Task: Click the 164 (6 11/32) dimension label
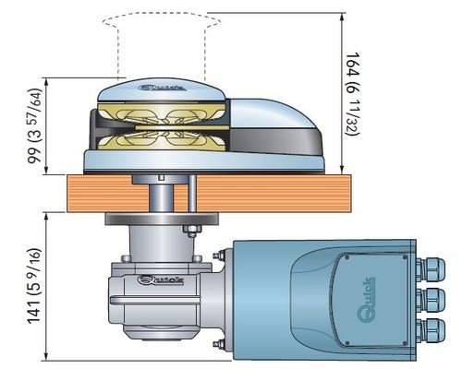click(x=352, y=94)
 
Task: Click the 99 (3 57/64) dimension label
click(x=34, y=125)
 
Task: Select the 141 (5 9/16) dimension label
click(x=34, y=286)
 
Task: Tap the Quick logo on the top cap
click(x=162, y=88)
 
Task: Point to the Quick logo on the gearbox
click(x=160, y=280)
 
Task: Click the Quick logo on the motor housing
click(x=366, y=300)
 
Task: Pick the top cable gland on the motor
click(x=431, y=269)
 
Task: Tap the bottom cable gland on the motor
click(x=431, y=330)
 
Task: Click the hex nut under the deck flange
click(x=192, y=229)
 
